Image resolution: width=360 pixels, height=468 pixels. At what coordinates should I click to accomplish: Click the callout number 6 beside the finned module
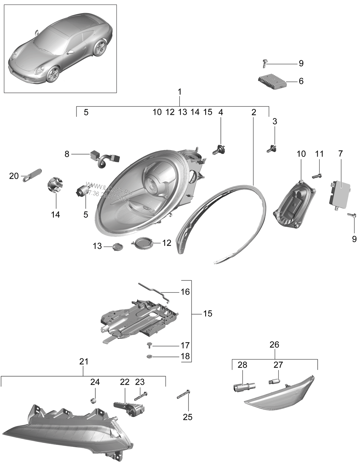pyautogui.click(x=301, y=81)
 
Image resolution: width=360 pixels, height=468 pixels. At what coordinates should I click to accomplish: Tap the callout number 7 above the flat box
pyautogui.click(x=340, y=153)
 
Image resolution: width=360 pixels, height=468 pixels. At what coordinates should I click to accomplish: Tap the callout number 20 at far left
pyautogui.click(x=14, y=176)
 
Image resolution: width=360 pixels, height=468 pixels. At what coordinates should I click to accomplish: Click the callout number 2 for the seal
pyautogui.click(x=253, y=112)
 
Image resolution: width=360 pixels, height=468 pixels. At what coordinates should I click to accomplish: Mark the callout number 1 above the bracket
pyautogui.click(x=180, y=91)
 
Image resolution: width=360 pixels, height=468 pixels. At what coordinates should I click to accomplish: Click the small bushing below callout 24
pyautogui.click(x=94, y=400)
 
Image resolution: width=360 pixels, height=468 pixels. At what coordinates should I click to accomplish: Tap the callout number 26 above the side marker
pyautogui.click(x=274, y=345)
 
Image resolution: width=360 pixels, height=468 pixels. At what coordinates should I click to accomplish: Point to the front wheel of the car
pyautogui.click(x=52, y=74)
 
